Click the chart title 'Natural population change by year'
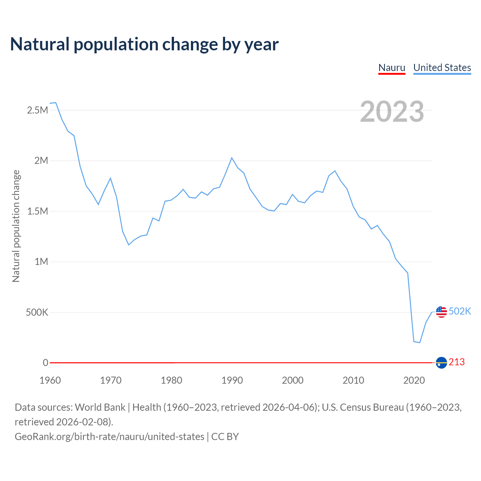pyautogui.click(x=144, y=44)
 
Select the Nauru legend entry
pyautogui.click(x=392, y=68)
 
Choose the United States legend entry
pyautogui.click(x=442, y=68)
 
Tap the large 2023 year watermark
pyautogui.click(x=392, y=112)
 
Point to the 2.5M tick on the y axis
pyautogui.click(x=38, y=110)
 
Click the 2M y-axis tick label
pyautogui.click(x=41, y=161)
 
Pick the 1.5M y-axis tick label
pyautogui.click(x=38, y=211)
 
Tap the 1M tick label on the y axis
pyautogui.click(x=41, y=262)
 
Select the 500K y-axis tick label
pyautogui.click(x=37, y=312)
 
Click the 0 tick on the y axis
pyautogui.click(x=45, y=363)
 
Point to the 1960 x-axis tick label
pyautogui.click(x=50, y=380)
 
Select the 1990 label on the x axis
pyautogui.click(x=232, y=380)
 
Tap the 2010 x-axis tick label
pyautogui.click(x=353, y=380)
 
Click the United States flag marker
pyautogui.click(x=441, y=312)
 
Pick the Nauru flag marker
pyautogui.click(x=441, y=363)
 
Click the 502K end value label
pyautogui.click(x=460, y=311)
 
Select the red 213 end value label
pyautogui.click(x=457, y=362)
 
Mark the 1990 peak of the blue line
pyautogui.click(x=232, y=158)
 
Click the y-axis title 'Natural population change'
pyautogui.click(x=16, y=226)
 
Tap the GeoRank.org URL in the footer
pyautogui.click(x=109, y=437)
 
